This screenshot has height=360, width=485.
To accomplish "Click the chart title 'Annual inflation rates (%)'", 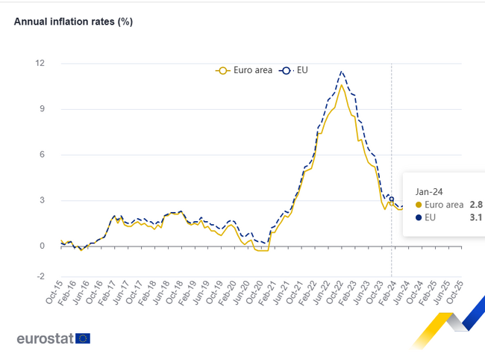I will click(73, 22).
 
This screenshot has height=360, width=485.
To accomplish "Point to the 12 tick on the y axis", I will click(40, 63).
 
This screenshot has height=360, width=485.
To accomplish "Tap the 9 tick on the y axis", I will click(42, 109).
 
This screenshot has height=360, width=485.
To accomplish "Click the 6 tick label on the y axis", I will click(42, 155).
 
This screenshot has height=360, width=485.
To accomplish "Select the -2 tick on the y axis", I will click(40, 276).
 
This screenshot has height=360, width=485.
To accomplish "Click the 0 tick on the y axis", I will click(42, 246).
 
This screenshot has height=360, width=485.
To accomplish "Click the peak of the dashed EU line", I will click(341, 72).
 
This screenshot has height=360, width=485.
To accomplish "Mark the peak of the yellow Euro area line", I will click(342, 84).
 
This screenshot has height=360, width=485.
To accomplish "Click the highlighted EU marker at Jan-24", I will click(392, 199).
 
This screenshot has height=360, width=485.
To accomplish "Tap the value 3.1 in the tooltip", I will click(476, 217).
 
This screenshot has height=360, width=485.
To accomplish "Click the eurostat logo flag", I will click(83, 338).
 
